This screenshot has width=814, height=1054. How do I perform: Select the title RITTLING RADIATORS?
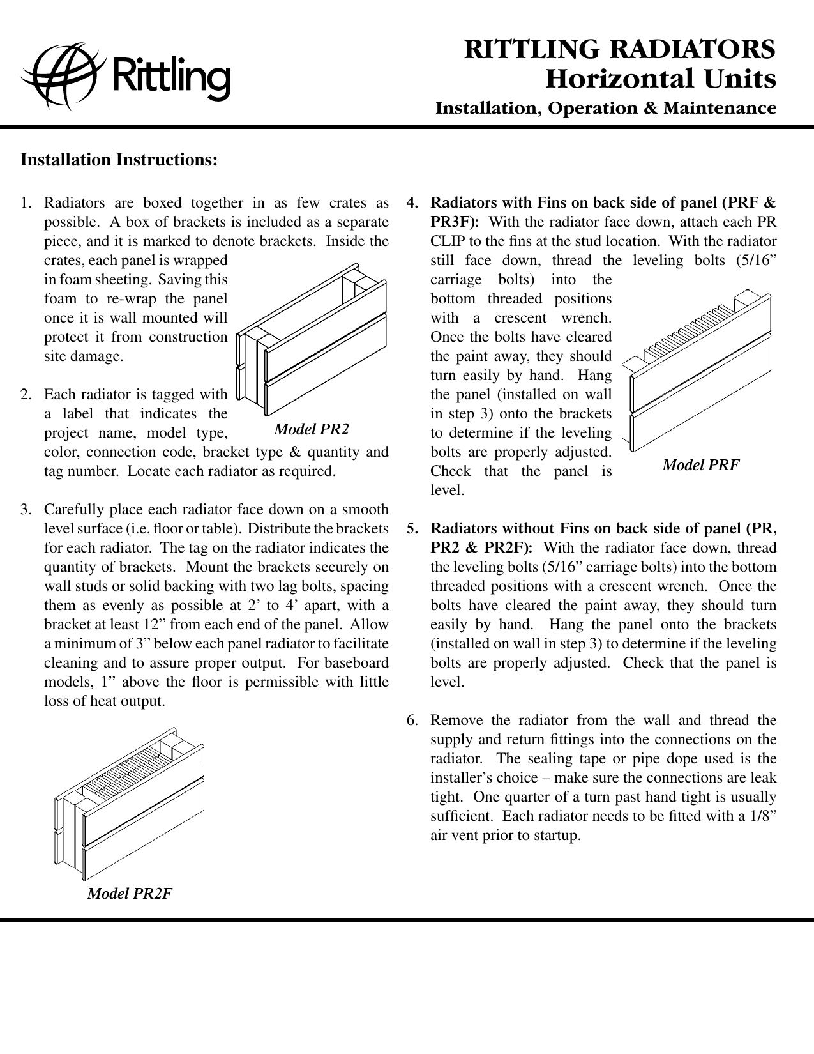pyautogui.click(x=619, y=49)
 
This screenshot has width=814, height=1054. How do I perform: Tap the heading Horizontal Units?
pyautogui.click(x=661, y=80)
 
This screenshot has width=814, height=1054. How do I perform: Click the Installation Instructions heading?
pyautogui.click(x=119, y=159)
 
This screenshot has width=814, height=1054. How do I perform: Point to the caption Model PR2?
pyautogui.click(x=312, y=429)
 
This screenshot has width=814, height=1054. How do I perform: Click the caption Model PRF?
pyautogui.click(x=700, y=465)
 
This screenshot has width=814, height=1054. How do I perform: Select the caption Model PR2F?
pyautogui.click(x=130, y=893)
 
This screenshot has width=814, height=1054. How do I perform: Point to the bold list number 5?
pyautogui.click(x=413, y=529)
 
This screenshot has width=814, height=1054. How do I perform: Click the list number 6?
pyautogui.click(x=412, y=721)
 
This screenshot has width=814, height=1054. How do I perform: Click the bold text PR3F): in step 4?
pyautogui.click(x=455, y=222)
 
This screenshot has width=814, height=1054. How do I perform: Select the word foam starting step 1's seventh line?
pyautogui.click(x=58, y=299)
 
